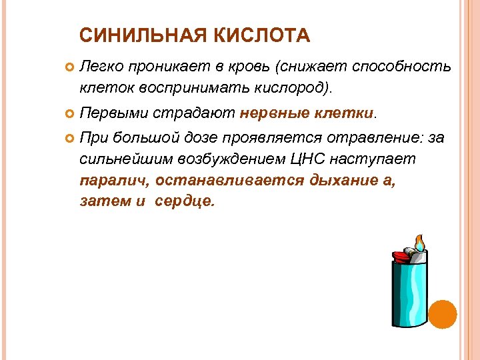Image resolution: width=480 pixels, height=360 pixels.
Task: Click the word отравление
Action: coord(361,138)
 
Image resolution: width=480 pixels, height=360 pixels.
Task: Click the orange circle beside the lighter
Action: coord(442,314)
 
